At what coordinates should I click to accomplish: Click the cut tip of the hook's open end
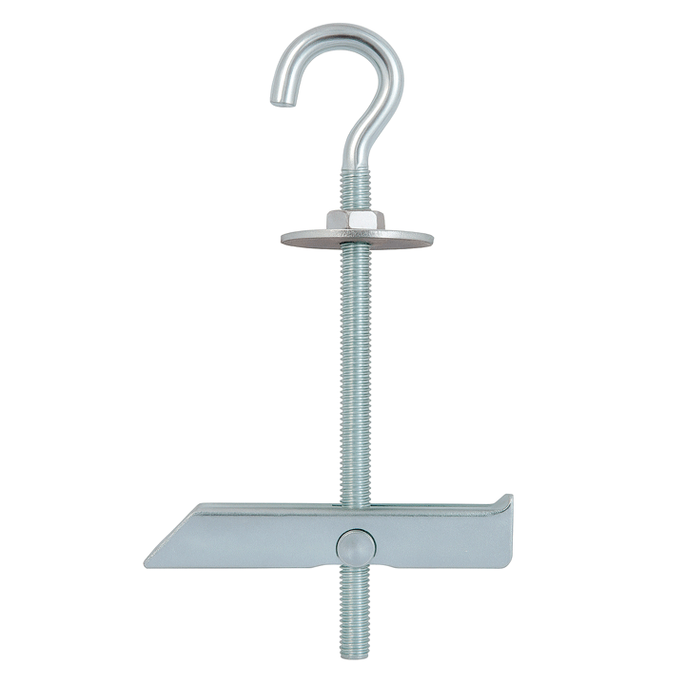(x=280, y=98)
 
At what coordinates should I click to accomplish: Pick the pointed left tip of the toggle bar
(x=147, y=562)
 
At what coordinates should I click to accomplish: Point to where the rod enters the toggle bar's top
(x=355, y=503)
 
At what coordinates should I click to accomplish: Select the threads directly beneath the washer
(x=355, y=262)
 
